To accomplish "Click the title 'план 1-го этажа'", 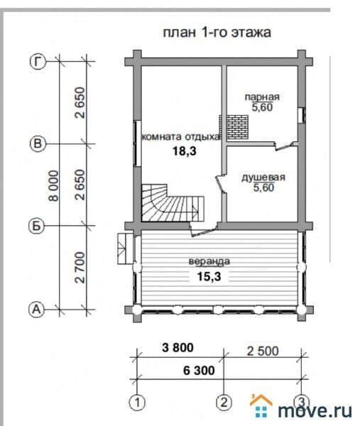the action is (217, 33).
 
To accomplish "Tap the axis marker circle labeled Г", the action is (38, 61).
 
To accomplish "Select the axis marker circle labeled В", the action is (38, 143).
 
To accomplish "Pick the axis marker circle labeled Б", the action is (36, 226).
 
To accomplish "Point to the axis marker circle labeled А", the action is (36, 309).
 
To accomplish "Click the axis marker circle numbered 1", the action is (137, 402).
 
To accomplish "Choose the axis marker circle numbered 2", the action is (224, 402).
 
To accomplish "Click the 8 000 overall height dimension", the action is (53, 186).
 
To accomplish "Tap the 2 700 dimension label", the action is (80, 268).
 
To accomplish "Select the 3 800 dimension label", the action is (178, 347).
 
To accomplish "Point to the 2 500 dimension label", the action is (263, 351).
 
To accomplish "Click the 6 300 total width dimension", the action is (199, 371).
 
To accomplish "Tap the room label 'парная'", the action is (262, 97).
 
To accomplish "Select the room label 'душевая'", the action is (263, 177).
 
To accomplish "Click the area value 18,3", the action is (185, 151).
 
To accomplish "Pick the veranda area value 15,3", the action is (209, 277).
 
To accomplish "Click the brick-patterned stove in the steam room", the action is (234, 127).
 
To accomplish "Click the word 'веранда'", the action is (209, 261).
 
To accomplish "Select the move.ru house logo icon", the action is (261, 405).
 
